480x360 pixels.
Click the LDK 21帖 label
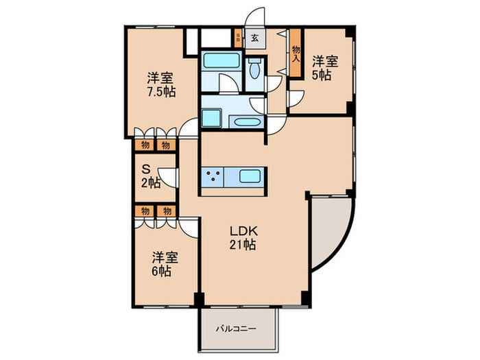tap(243, 238)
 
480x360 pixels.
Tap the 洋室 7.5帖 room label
tap(161, 85)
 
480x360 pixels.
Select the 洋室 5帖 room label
tap(325, 68)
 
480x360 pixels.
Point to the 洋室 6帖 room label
tap(165, 264)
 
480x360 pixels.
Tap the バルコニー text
tap(236, 329)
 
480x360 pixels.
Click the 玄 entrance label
tap(254, 38)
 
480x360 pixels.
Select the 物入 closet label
tap(296, 54)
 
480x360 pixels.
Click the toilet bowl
tap(254, 70)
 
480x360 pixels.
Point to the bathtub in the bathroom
tap(221, 60)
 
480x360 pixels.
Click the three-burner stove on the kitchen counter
tap(213, 177)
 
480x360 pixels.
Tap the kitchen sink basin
tap(250, 176)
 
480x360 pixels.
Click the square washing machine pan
tap(211, 118)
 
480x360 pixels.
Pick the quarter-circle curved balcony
tap(331, 232)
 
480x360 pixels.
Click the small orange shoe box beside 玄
tap(238, 38)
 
